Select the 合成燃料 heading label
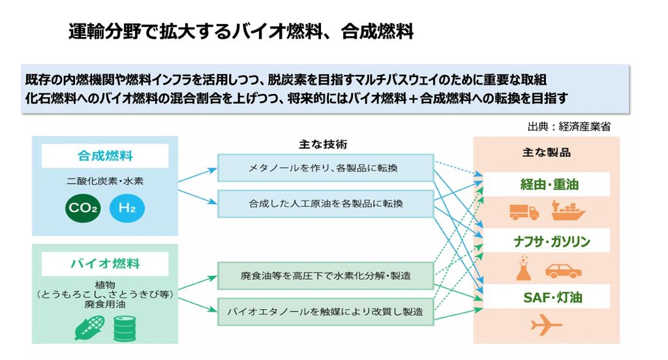(x=105, y=157)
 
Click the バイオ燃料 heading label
(x=105, y=264)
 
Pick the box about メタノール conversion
(x=325, y=168)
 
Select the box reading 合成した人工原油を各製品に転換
(x=325, y=203)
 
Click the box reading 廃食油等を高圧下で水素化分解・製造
(x=325, y=276)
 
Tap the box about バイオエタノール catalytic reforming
(x=325, y=311)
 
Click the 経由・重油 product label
(x=546, y=185)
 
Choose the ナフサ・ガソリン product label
(x=546, y=241)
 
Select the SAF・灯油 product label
(x=546, y=297)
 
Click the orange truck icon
(x=524, y=212)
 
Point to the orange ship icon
(x=568, y=211)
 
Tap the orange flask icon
(x=524, y=269)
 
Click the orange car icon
(x=563, y=269)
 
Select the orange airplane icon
(x=546, y=325)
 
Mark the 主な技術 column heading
(x=324, y=143)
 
